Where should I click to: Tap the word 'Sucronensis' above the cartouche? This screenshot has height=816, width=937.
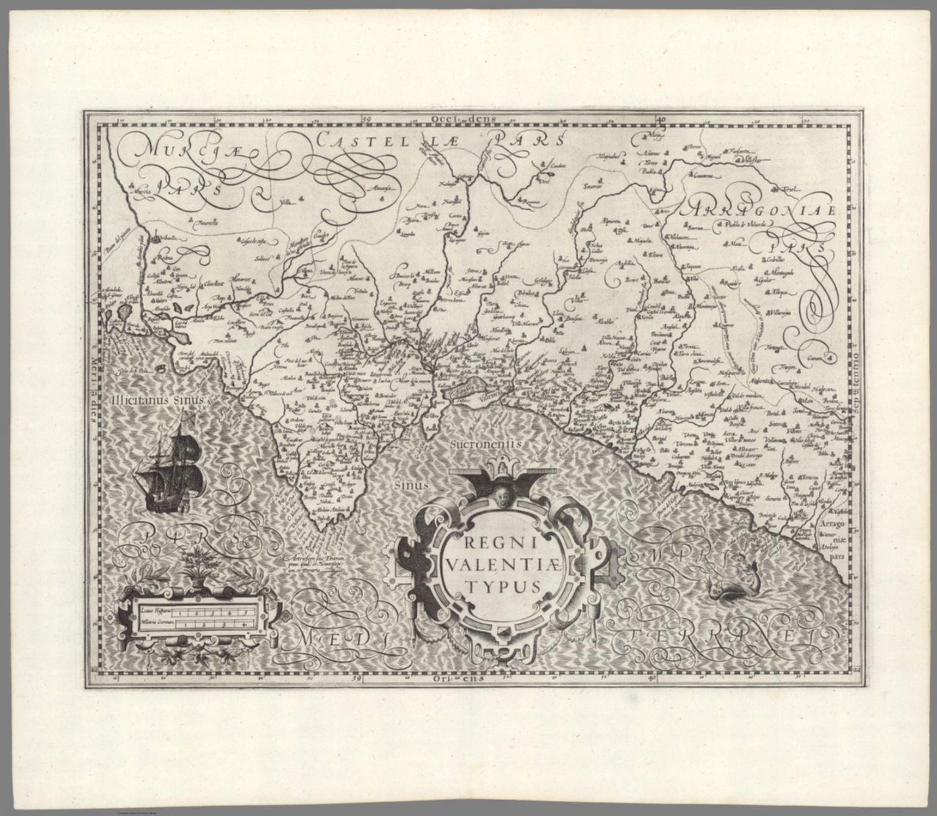(x=486, y=444)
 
